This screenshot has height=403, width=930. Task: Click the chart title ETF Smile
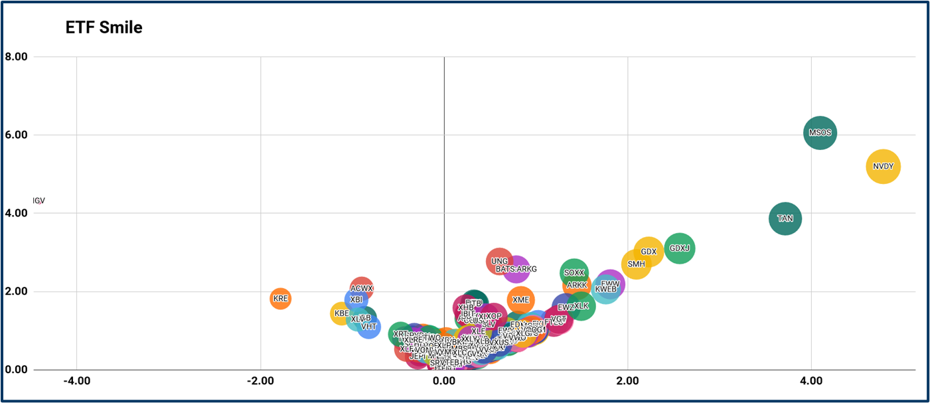pos(104,27)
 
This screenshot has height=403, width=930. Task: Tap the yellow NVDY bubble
pos(883,167)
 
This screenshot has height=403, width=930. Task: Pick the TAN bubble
pos(785,218)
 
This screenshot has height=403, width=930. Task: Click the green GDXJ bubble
pos(679,248)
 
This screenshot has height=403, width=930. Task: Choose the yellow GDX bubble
pos(649,252)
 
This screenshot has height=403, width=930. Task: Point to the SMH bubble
pos(636,264)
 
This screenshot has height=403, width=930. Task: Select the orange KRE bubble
pos(280,299)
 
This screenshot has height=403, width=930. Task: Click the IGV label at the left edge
pos(39,201)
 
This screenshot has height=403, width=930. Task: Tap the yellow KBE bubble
pos(341,313)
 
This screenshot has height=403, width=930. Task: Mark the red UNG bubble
pos(499,261)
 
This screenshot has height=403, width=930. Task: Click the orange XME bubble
pos(521,299)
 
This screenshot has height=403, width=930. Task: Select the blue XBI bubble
pos(356,299)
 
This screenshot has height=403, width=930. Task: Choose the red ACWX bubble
pos(362,288)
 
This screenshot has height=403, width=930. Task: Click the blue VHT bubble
pos(369,326)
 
